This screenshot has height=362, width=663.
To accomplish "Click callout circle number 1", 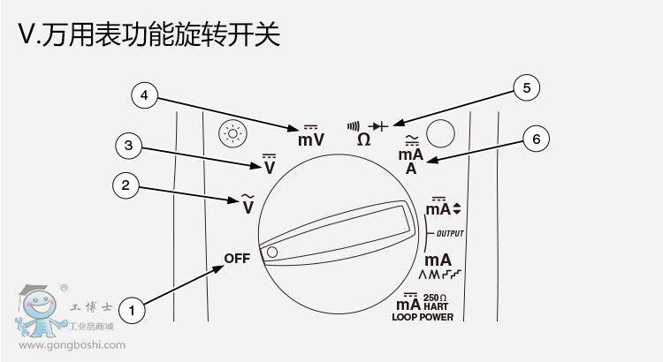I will coord(132,310).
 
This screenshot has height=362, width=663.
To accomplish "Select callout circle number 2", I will coord(126,185).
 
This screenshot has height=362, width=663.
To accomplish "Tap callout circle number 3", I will coord(129,144).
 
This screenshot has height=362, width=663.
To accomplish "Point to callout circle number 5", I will coord(526,87).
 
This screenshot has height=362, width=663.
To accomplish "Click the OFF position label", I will coord(237,259).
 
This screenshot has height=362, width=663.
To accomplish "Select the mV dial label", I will coord(310,139).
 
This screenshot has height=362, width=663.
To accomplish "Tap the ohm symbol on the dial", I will coord(363,140).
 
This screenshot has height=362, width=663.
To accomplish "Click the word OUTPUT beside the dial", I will coord(450,233).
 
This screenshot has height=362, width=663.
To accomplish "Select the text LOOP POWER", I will coord(423,317).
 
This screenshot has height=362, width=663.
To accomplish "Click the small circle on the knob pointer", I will coord(272,253).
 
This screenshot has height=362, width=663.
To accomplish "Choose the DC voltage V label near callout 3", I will coord(269,165).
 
